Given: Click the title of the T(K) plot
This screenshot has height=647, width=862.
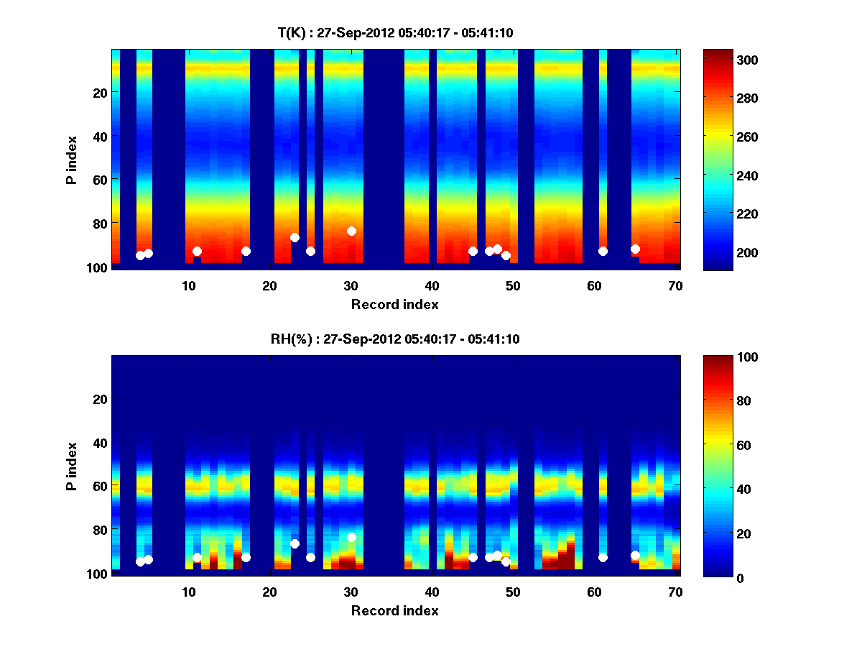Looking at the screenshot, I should point(395,32).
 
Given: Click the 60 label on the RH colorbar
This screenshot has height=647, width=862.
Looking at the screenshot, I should point(726,446).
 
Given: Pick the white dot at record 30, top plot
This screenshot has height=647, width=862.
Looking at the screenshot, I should point(351,231).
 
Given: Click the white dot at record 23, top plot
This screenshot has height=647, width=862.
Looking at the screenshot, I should point(295,237).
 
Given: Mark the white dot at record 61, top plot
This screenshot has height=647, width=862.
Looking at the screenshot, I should point(603,251).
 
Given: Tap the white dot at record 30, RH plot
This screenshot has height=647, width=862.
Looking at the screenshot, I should point(351,537).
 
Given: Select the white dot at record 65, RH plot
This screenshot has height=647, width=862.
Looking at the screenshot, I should point(635,555).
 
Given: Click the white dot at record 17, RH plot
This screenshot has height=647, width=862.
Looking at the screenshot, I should point(246,557).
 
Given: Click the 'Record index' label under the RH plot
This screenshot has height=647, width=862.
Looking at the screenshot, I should point(394,610).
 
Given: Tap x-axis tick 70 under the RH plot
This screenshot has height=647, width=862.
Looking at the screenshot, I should point(675,592).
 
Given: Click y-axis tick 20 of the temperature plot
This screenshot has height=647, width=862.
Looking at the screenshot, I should point(100,92).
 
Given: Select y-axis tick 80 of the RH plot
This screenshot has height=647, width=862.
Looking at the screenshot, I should point(100,530).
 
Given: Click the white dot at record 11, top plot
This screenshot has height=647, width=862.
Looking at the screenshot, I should point(197,251).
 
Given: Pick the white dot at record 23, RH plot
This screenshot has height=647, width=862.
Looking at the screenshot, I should point(295,543).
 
